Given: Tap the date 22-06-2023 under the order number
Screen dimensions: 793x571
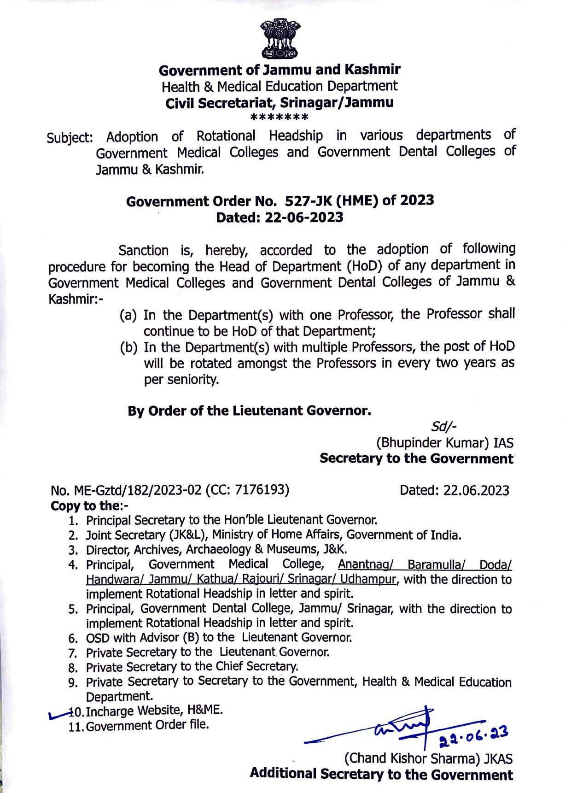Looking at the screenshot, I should [304, 217].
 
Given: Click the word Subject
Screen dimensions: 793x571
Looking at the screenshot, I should [69, 138].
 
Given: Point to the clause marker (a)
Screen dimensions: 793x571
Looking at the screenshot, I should [128, 316].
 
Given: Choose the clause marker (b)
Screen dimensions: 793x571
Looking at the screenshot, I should [128, 347].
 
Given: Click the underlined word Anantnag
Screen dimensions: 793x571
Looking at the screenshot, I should [366, 564].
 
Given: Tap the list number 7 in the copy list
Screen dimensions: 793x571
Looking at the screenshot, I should [72, 653].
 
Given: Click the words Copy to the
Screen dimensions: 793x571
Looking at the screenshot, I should [85, 505].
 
